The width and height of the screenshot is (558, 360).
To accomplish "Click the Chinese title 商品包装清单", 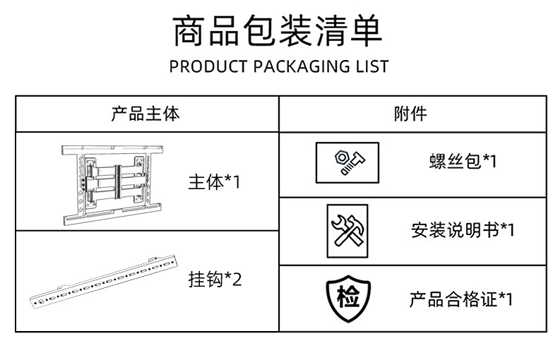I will (278, 32).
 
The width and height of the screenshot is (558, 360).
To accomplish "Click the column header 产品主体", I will (146, 114).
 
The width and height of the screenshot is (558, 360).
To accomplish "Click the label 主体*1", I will (215, 182).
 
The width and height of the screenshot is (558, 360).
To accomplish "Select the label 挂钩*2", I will (215, 280).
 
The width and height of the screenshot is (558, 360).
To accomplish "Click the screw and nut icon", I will (347, 162).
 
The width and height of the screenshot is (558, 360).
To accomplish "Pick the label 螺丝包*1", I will (463, 162).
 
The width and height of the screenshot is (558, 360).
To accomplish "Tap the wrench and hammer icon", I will (347, 231).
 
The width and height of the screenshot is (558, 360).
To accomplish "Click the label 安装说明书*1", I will (463, 230).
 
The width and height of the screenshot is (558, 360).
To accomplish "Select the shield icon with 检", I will (347, 299).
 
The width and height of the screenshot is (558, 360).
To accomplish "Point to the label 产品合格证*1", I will (461, 299).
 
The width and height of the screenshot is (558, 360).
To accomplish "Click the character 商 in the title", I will (191, 32).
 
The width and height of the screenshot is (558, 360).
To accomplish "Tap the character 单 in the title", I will (365, 32).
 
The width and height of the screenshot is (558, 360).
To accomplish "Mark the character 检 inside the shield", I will (347, 298).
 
